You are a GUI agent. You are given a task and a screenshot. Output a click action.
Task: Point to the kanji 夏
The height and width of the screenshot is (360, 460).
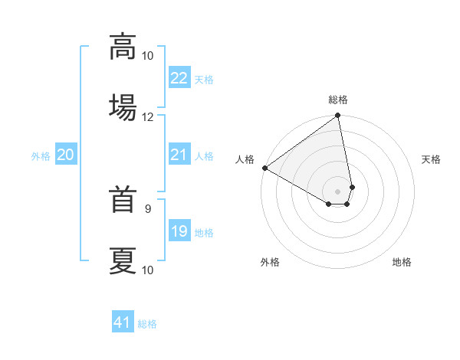[123, 260]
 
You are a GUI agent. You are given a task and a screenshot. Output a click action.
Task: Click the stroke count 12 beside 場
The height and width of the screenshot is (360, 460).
[148, 117]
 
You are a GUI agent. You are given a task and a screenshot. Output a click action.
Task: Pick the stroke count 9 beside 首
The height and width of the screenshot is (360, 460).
[148, 208]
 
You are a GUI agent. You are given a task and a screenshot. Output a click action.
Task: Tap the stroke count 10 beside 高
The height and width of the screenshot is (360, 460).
[148, 56]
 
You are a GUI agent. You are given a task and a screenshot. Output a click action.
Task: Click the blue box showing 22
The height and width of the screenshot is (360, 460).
[179, 78]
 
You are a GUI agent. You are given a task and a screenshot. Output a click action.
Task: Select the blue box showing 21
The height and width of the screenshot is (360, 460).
[179, 155]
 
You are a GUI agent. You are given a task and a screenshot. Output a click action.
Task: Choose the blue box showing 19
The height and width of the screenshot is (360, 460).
[179, 231]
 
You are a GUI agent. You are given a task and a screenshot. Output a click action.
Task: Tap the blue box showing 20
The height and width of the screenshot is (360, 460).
[65, 155]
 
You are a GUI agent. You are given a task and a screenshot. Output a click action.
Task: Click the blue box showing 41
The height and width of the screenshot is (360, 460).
[123, 322]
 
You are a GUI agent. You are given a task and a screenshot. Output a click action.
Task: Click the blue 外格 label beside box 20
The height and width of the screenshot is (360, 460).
[41, 155]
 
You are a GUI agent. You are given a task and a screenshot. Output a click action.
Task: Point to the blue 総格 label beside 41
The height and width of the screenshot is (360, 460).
[147, 324]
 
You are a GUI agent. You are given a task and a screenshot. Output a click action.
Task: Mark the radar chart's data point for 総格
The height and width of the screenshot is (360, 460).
[337, 116]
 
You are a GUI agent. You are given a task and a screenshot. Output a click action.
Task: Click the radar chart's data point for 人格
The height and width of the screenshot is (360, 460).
[264, 168]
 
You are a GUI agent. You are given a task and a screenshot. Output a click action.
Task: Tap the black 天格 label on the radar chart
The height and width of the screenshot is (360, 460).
[431, 159]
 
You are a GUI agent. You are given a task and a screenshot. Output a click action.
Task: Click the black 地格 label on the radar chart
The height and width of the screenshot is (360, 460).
[402, 262]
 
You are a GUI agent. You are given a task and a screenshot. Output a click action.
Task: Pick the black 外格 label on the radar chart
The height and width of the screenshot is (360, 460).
[270, 262]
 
